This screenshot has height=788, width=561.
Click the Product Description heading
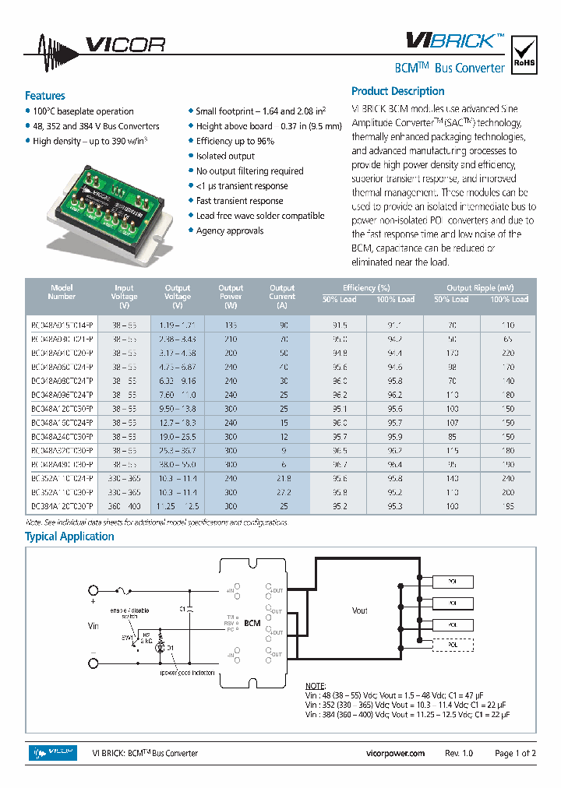point(397,91)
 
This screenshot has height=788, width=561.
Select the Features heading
point(45,96)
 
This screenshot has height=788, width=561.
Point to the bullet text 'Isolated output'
point(225,156)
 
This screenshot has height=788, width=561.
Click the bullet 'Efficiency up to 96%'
point(235,141)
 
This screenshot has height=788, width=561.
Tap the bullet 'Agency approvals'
point(229,230)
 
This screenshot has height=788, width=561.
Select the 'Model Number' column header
point(62,292)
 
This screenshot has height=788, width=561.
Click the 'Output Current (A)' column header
point(282,292)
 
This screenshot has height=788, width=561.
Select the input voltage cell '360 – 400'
point(124,506)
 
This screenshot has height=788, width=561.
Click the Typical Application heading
point(69,536)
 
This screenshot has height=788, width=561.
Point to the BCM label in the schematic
point(252,624)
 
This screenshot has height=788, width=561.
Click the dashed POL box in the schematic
point(453,645)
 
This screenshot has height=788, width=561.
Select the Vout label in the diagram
point(359,611)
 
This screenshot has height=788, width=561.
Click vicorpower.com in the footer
point(395,753)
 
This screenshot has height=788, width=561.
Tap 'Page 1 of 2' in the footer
point(516,753)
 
